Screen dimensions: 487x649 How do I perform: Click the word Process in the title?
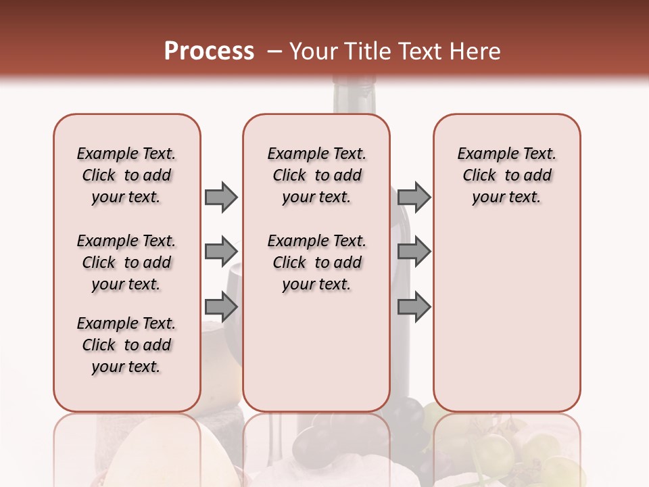click(209, 51)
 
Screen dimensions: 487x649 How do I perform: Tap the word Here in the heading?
click(474, 51)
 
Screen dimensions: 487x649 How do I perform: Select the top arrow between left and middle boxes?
click(221, 197)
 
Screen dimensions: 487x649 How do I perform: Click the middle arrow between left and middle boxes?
click(221, 252)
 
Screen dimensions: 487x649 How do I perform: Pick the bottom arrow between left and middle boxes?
click(221, 307)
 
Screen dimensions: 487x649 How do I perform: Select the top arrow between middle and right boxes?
click(414, 197)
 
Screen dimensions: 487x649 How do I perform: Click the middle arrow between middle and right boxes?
click(414, 252)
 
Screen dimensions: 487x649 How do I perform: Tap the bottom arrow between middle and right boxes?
click(414, 307)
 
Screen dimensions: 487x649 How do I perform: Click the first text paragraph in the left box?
click(126, 175)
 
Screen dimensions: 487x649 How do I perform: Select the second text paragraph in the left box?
click(126, 262)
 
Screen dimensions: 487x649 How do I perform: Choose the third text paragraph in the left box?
click(126, 345)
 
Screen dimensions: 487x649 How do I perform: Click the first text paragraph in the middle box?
click(316, 175)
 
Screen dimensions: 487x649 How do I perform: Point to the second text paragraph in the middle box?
click(316, 262)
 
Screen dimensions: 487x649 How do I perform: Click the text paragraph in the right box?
click(506, 175)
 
